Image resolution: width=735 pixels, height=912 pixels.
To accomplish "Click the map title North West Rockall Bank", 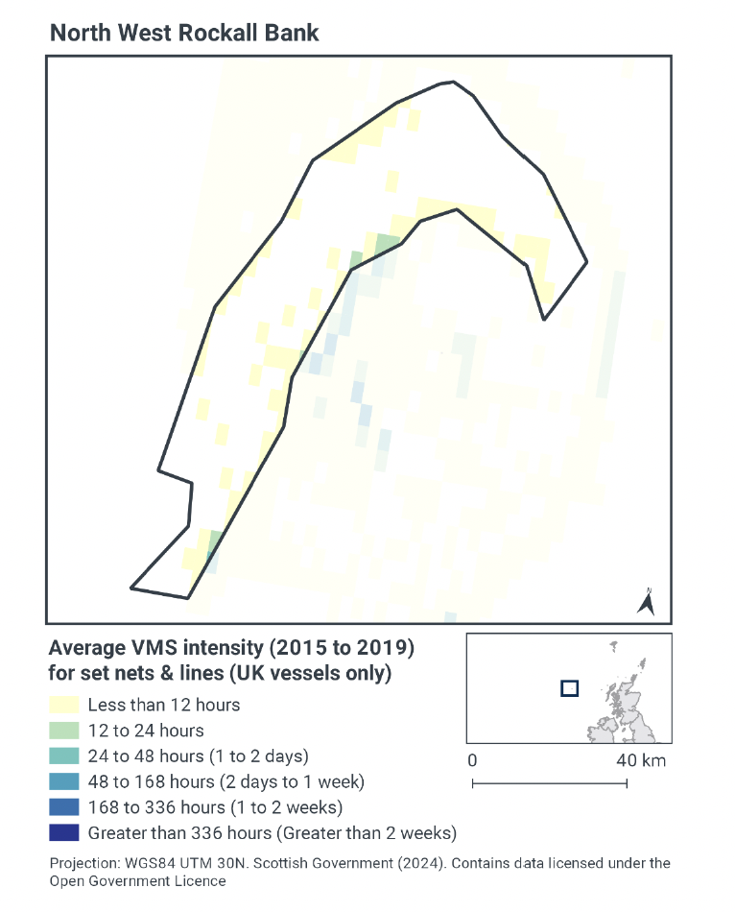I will [x=184, y=33].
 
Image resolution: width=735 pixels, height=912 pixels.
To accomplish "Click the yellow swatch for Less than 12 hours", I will [x=63, y=705].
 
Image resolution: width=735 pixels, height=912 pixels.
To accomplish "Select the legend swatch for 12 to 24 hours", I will [x=63, y=731].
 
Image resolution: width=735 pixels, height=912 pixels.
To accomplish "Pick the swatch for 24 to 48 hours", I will [x=63, y=756].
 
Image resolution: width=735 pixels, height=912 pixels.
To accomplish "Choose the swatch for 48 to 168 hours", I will [x=63, y=781].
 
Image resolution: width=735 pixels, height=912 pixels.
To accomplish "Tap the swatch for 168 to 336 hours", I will [x=63, y=806].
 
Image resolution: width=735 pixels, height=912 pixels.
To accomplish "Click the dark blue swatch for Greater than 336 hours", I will [x=63, y=832].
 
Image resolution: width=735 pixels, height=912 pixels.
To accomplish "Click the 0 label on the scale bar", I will [x=472, y=760].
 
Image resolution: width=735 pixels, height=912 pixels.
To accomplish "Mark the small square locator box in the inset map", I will [x=569, y=687].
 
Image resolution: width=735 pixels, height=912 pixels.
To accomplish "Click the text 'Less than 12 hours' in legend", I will [x=163, y=705].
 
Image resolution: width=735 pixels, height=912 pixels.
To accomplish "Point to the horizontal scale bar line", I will [x=549, y=783].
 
